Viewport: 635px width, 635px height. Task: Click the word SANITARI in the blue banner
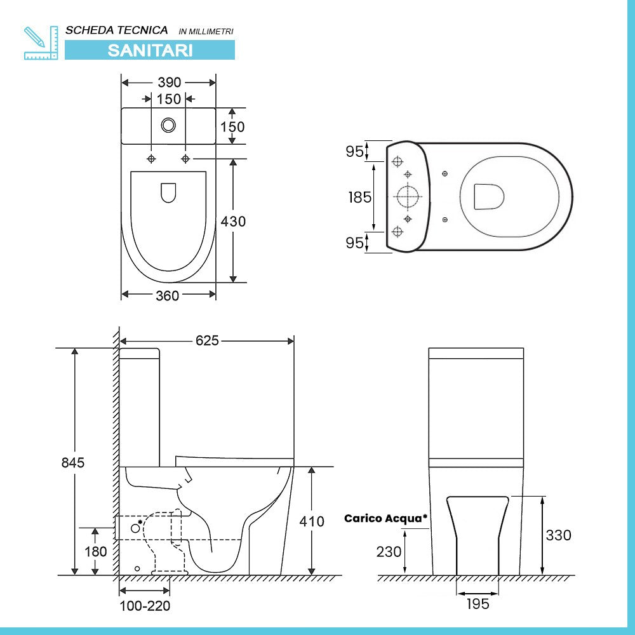(150, 50)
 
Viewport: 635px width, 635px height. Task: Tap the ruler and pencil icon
(40, 43)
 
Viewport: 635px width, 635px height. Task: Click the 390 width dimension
(169, 83)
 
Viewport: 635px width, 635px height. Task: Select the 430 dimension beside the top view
(232, 222)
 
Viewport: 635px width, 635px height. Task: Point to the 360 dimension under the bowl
(168, 295)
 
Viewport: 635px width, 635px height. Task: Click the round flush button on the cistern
(168, 125)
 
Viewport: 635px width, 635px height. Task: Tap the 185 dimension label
(359, 197)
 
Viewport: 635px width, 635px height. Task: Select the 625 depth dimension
(206, 341)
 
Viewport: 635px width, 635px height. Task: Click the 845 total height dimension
(73, 462)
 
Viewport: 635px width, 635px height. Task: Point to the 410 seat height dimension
(312, 521)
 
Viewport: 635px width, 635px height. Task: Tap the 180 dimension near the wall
(96, 551)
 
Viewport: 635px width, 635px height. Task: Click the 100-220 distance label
(145, 606)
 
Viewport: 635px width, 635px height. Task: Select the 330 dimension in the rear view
(558, 535)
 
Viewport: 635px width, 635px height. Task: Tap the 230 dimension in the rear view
(389, 551)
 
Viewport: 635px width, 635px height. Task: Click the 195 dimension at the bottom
(477, 604)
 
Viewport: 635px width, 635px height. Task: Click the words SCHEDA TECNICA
(117, 30)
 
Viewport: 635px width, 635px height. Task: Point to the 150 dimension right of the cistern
(232, 127)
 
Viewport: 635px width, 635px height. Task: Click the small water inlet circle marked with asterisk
(135, 527)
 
